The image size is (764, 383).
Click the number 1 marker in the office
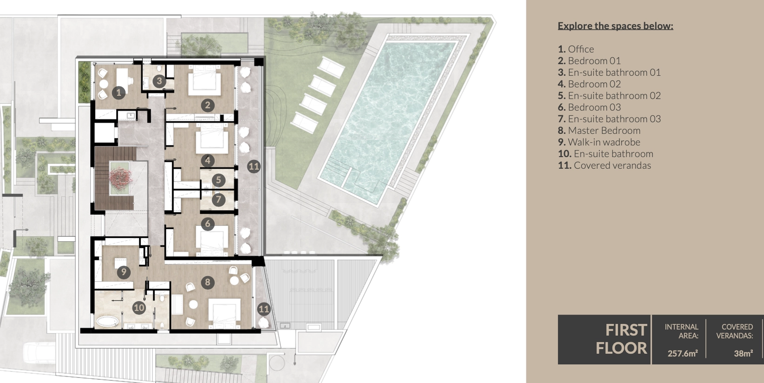pos(119,92)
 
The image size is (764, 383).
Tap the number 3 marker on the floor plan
pos(159,81)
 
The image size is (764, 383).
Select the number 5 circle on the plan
pos(219,180)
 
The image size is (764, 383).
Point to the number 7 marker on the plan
pos(219,199)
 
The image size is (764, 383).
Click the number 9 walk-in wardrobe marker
pos(124,272)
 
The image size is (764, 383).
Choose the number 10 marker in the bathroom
pos(139,308)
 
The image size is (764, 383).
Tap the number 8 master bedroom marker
pos(207,282)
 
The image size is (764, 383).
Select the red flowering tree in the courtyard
pos(120,178)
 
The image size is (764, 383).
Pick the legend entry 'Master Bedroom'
pos(599,130)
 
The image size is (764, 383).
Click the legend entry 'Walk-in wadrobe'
pos(599,142)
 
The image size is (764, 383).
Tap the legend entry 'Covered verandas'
pos(605,165)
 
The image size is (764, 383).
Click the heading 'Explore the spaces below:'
pos(615,26)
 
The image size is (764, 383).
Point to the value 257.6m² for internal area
pos(683,353)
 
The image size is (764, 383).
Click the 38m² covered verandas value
pos(743,353)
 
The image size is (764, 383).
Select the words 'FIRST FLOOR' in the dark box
pos(621,339)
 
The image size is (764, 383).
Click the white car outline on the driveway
pos(40,353)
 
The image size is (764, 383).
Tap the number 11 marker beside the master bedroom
pos(264,309)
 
